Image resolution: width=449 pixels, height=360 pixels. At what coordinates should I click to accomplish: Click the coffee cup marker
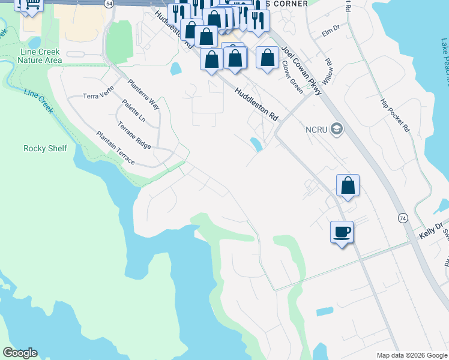click(342, 232)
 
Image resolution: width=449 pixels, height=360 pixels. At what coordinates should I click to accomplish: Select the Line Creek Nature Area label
click(41, 56)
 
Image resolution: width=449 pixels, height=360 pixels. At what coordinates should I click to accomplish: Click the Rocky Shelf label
click(45, 148)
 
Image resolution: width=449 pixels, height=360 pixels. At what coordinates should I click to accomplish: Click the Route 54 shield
click(108, 4)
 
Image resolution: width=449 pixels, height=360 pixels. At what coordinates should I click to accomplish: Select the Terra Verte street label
click(98, 95)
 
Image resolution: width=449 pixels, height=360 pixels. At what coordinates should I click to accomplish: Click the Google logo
click(20, 353)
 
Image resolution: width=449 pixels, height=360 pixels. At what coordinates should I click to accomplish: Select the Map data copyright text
click(411, 355)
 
